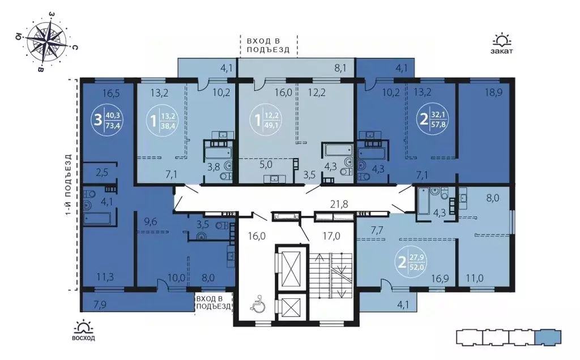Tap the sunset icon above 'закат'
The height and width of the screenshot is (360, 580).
501,40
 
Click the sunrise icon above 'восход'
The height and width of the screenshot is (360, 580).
84,326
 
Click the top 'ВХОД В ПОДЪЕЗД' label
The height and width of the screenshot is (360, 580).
267,45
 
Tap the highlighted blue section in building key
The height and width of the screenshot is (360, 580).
548,337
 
